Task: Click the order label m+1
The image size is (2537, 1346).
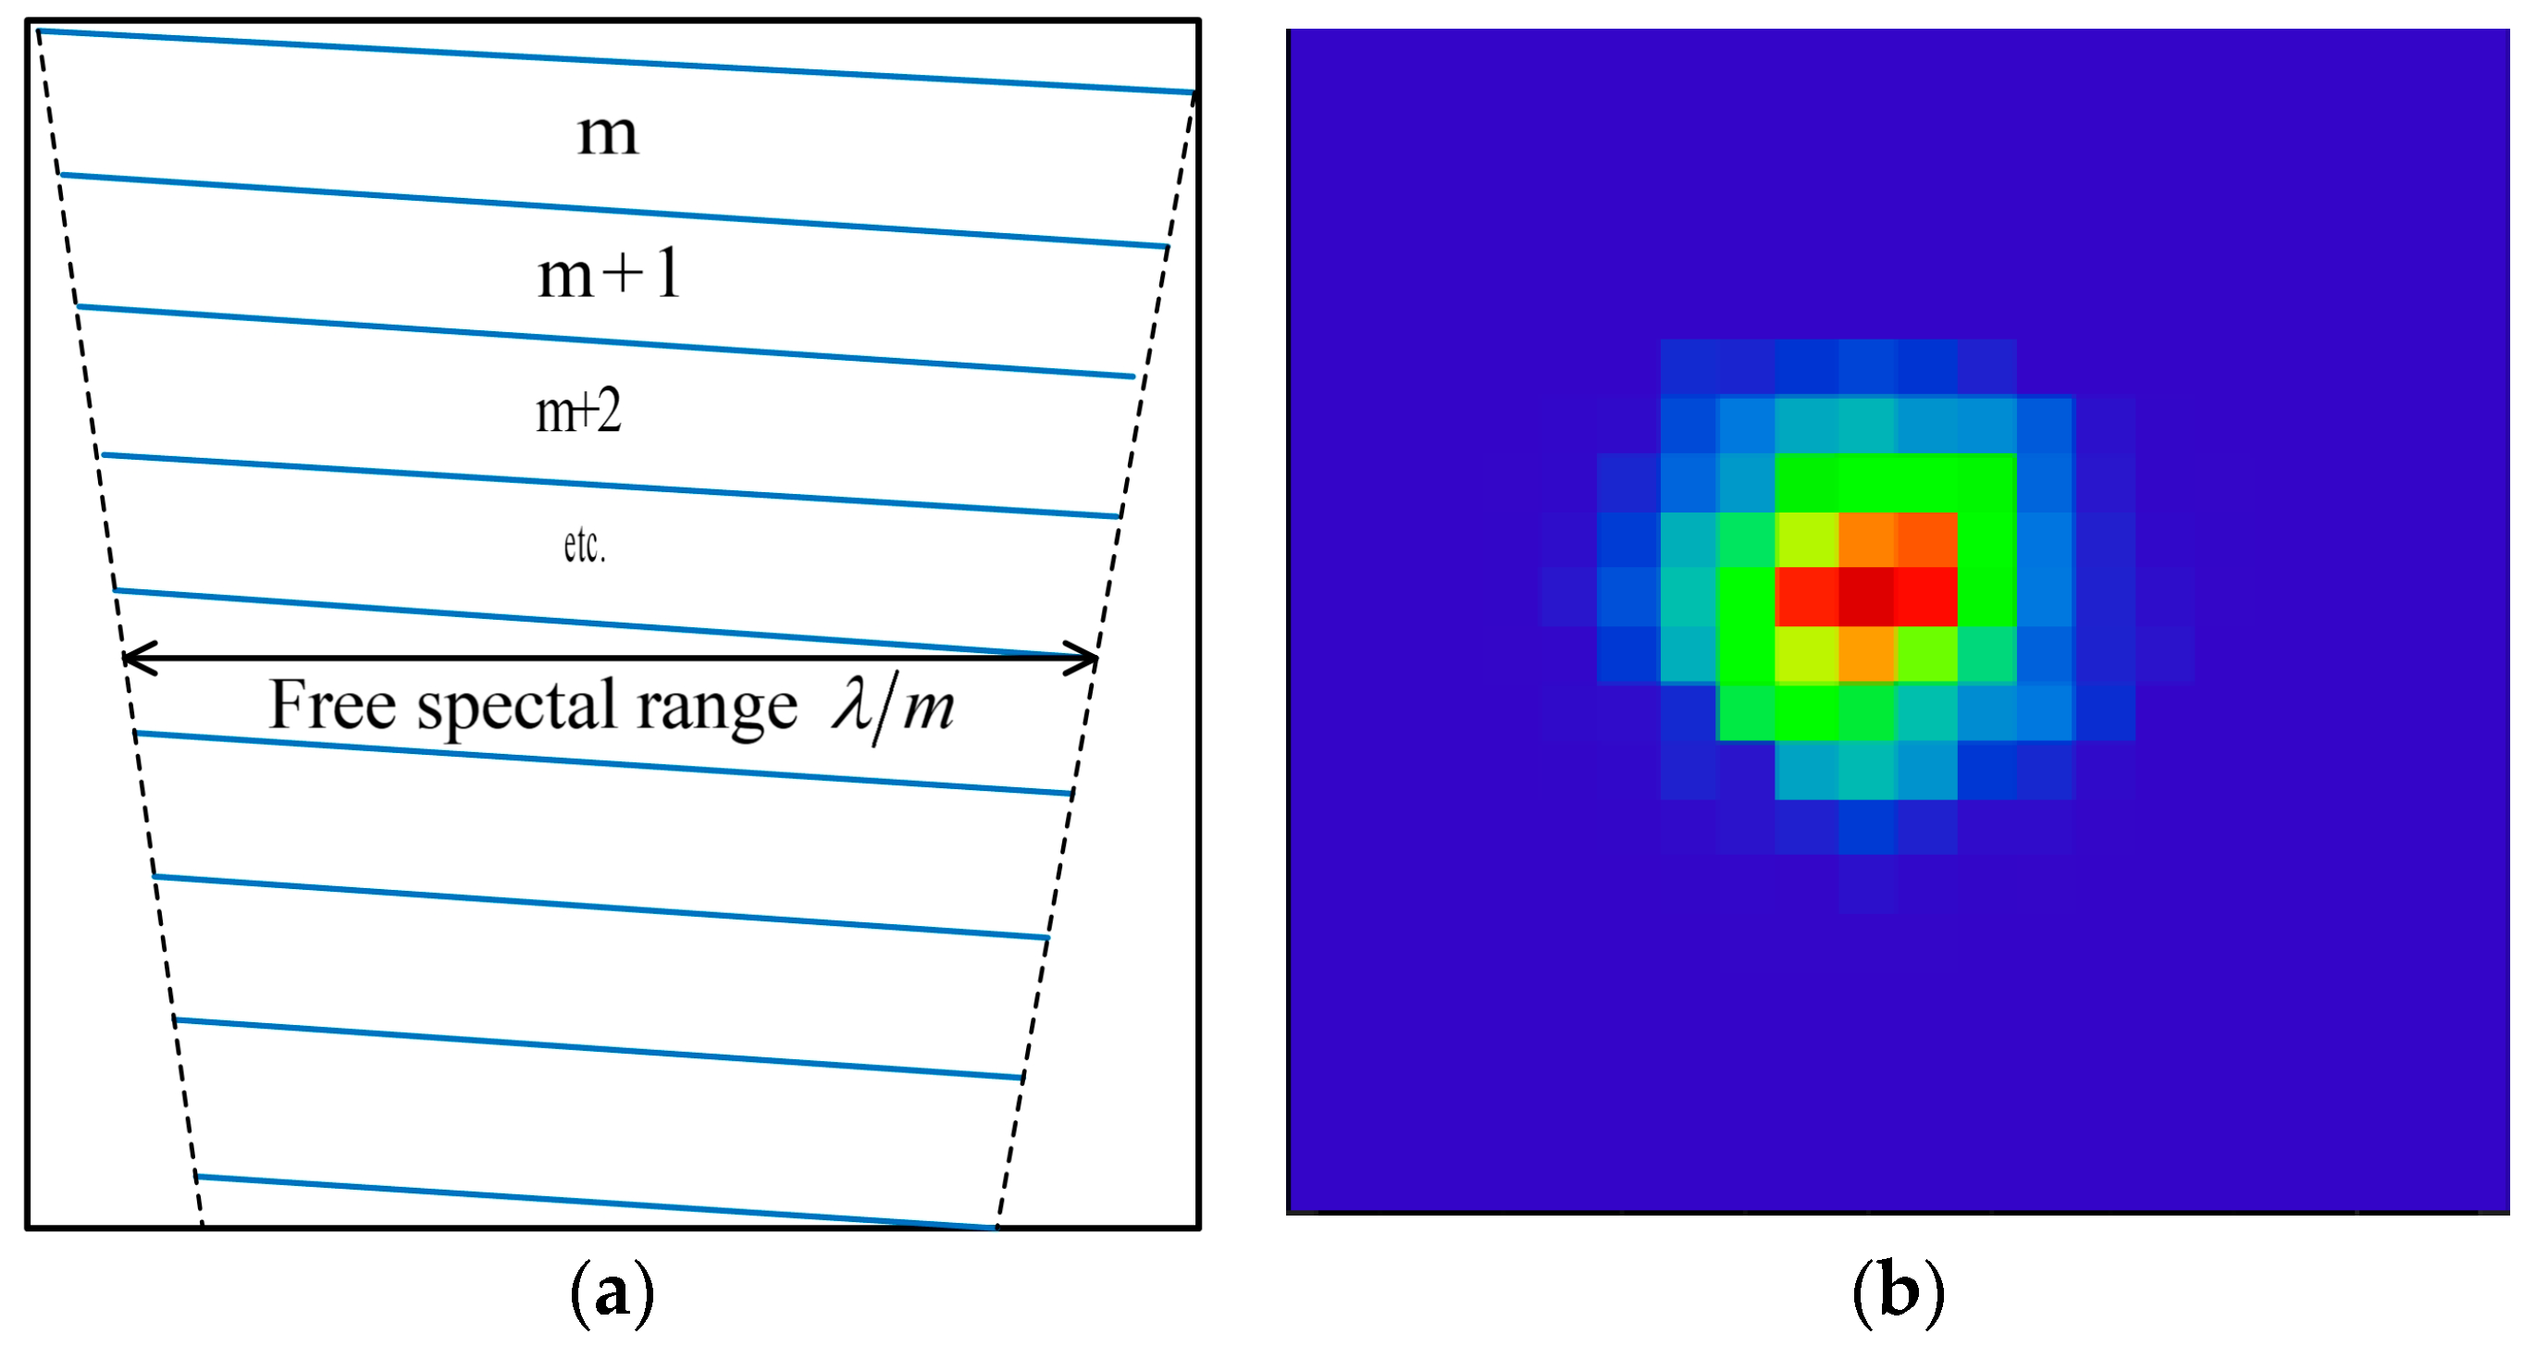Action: click(x=609, y=274)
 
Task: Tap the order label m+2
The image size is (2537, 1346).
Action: click(x=578, y=412)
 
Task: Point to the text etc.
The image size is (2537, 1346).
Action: click(x=584, y=546)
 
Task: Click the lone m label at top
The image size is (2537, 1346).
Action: click(x=608, y=133)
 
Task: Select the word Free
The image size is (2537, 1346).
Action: click(x=333, y=705)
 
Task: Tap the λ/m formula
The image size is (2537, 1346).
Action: click(x=892, y=707)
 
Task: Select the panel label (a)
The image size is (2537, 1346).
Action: click(x=612, y=1290)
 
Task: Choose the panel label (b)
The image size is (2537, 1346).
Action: click(x=1898, y=1290)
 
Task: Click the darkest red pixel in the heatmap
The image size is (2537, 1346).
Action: click(x=1866, y=597)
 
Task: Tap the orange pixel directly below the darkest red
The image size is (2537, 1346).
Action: click(x=1866, y=654)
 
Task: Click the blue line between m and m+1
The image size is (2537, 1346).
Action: click(x=611, y=210)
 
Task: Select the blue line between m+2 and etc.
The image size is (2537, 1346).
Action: click(x=611, y=486)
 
